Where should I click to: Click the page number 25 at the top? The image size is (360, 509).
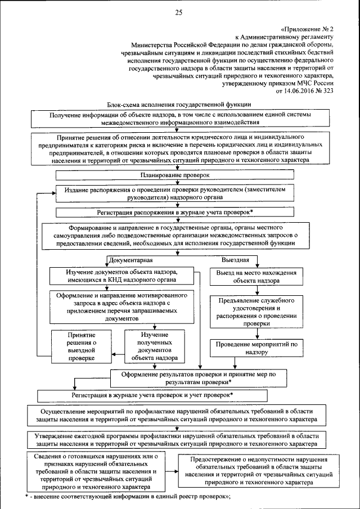tap(179, 13)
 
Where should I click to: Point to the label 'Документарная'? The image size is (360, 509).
tap(130, 261)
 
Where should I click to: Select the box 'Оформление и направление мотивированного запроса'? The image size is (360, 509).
tap(123, 307)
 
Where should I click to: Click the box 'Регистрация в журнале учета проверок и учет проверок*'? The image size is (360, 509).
tap(152, 395)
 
